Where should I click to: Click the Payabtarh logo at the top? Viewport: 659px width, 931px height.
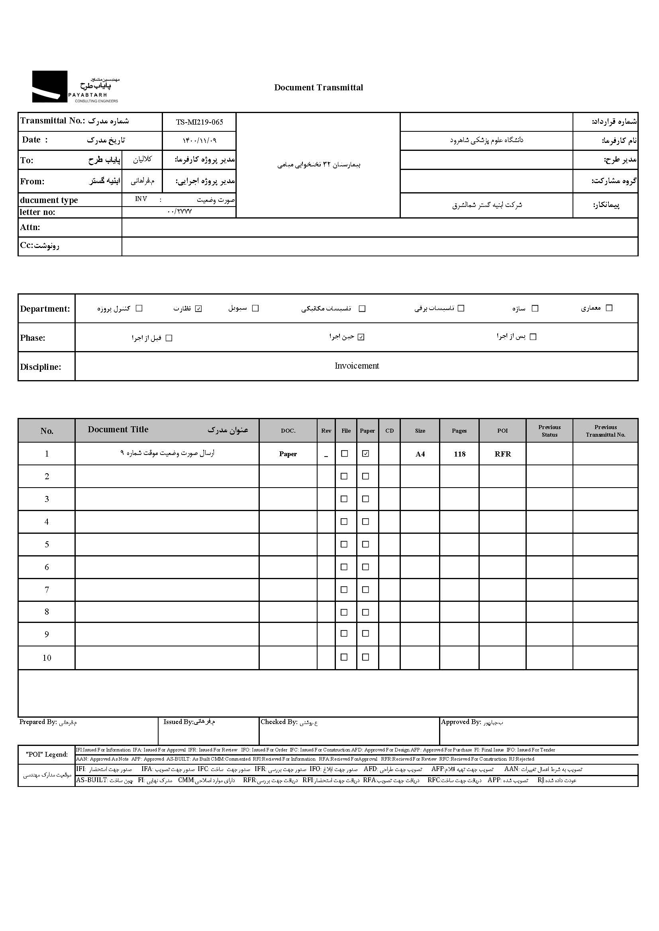[75, 87]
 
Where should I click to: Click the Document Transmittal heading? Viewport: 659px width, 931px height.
[319, 88]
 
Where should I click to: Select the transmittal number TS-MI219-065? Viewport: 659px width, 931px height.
[199, 122]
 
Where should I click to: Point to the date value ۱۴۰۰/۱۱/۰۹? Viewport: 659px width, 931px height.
[199, 140]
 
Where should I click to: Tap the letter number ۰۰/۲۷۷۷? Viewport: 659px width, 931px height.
[179, 212]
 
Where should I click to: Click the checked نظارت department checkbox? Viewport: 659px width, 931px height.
[198, 308]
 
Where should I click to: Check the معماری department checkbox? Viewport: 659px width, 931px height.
[609, 308]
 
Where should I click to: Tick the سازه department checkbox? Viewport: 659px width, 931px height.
[535, 308]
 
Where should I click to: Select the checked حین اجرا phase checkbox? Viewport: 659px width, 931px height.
[361, 337]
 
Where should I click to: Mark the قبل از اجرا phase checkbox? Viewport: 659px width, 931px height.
[169, 338]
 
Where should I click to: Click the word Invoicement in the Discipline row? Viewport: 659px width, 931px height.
[357, 366]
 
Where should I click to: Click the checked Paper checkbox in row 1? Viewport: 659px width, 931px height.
[366, 454]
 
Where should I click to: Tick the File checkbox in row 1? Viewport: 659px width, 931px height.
[345, 454]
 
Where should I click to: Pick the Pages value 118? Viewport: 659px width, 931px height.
[459, 454]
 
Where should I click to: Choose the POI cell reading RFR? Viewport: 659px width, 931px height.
[502, 454]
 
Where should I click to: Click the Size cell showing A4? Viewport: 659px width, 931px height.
[420, 454]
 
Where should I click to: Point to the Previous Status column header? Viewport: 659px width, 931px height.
[549, 431]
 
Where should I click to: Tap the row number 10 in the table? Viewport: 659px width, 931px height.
[47, 658]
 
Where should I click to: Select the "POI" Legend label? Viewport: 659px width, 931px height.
[47, 754]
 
